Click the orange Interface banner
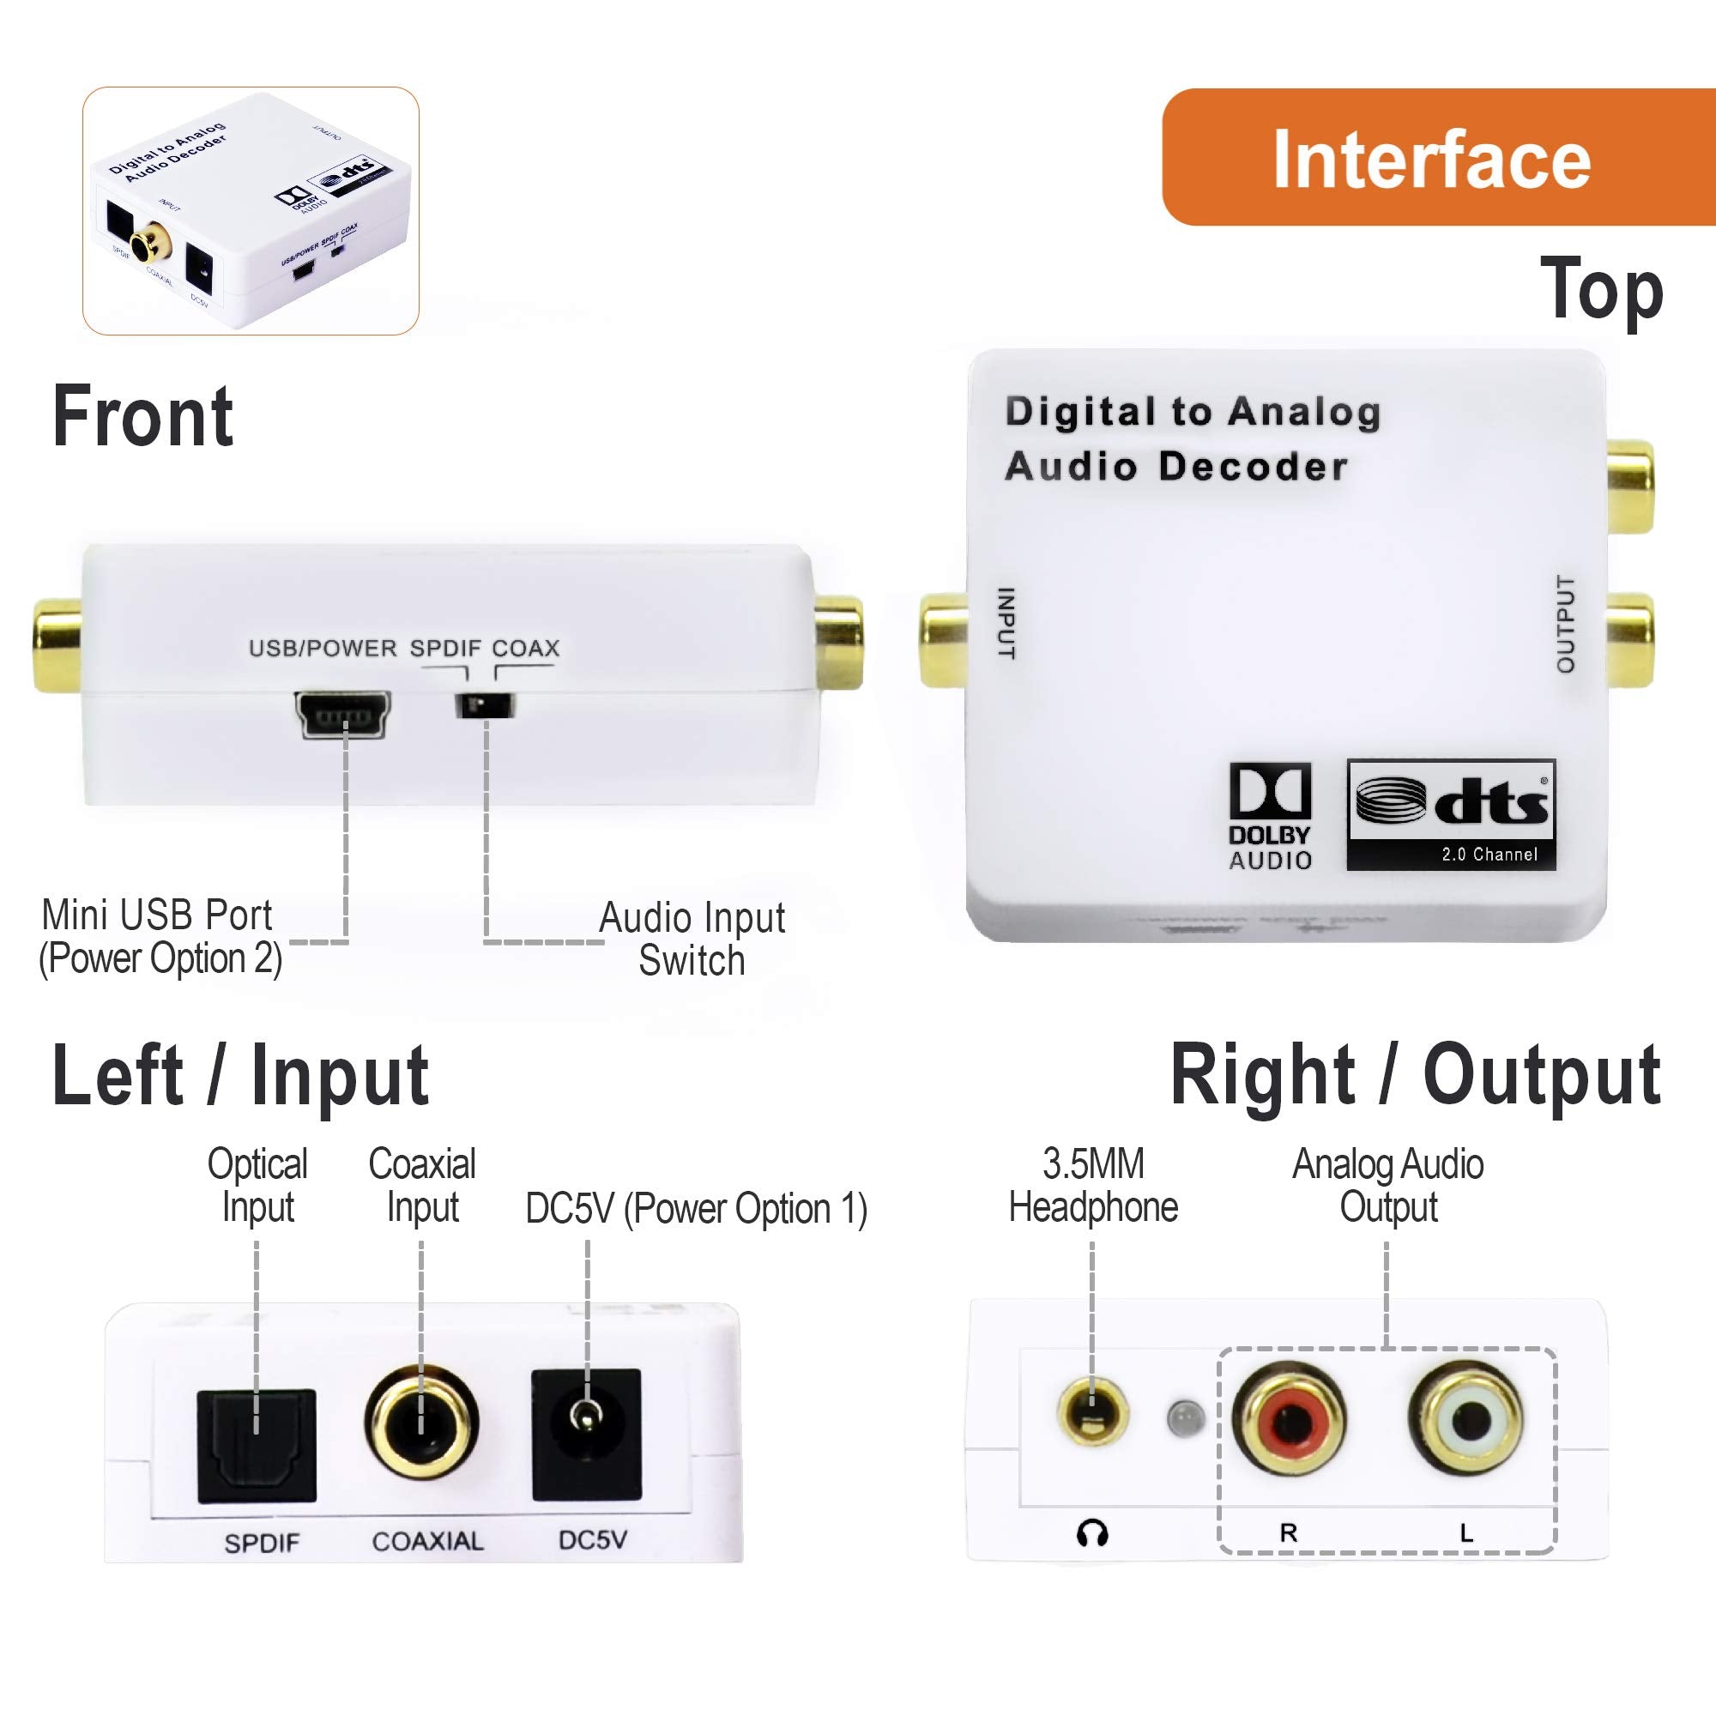coord(1437,158)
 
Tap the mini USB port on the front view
coord(343,714)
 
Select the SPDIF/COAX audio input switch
coord(485,706)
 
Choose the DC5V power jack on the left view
coord(586,1435)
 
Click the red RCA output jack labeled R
coord(1289,1419)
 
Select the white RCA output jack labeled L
coord(1465,1419)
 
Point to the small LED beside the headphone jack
coord(1185,1417)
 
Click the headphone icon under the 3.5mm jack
coord(1091,1534)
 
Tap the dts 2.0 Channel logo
coord(1450,813)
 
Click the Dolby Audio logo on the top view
coord(1269,815)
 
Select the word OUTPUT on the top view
coord(1565,624)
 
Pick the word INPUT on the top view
coord(1006,623)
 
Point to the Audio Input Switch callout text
coord(692,938)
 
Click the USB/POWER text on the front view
coord(323,649)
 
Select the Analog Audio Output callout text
coord(1387,1185)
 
